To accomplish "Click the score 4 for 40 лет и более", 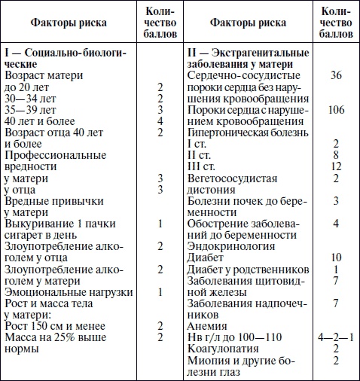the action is click(x=160, y=120).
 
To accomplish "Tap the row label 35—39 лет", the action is click(x=31, y=109).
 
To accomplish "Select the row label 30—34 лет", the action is click(x=31, y=98).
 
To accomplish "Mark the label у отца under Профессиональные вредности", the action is click(x=22, y=189).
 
